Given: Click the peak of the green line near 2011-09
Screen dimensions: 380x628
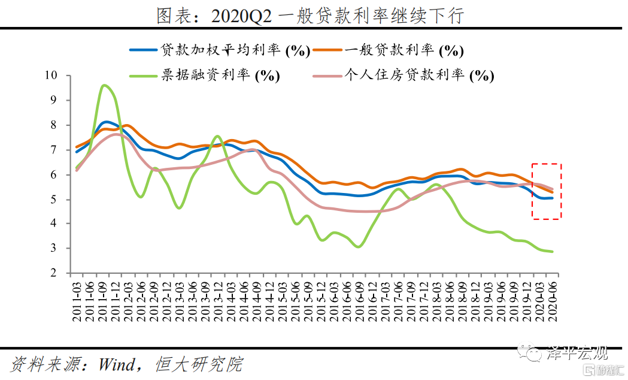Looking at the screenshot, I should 104,85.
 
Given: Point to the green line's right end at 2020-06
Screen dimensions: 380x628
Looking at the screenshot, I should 552,252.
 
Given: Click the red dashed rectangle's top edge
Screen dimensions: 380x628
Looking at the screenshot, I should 547,164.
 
